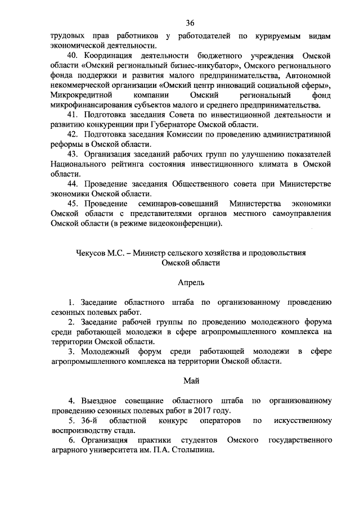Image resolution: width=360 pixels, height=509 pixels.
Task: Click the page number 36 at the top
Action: (x=190, y=22)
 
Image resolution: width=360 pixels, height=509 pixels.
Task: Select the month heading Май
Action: (x=190, y=381)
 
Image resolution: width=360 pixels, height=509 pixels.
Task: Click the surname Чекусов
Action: (x=92, y=253)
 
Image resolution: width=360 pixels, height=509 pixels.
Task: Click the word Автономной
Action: (x=306, y=75)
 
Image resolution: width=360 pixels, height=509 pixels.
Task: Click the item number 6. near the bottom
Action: (x=71, y=439)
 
